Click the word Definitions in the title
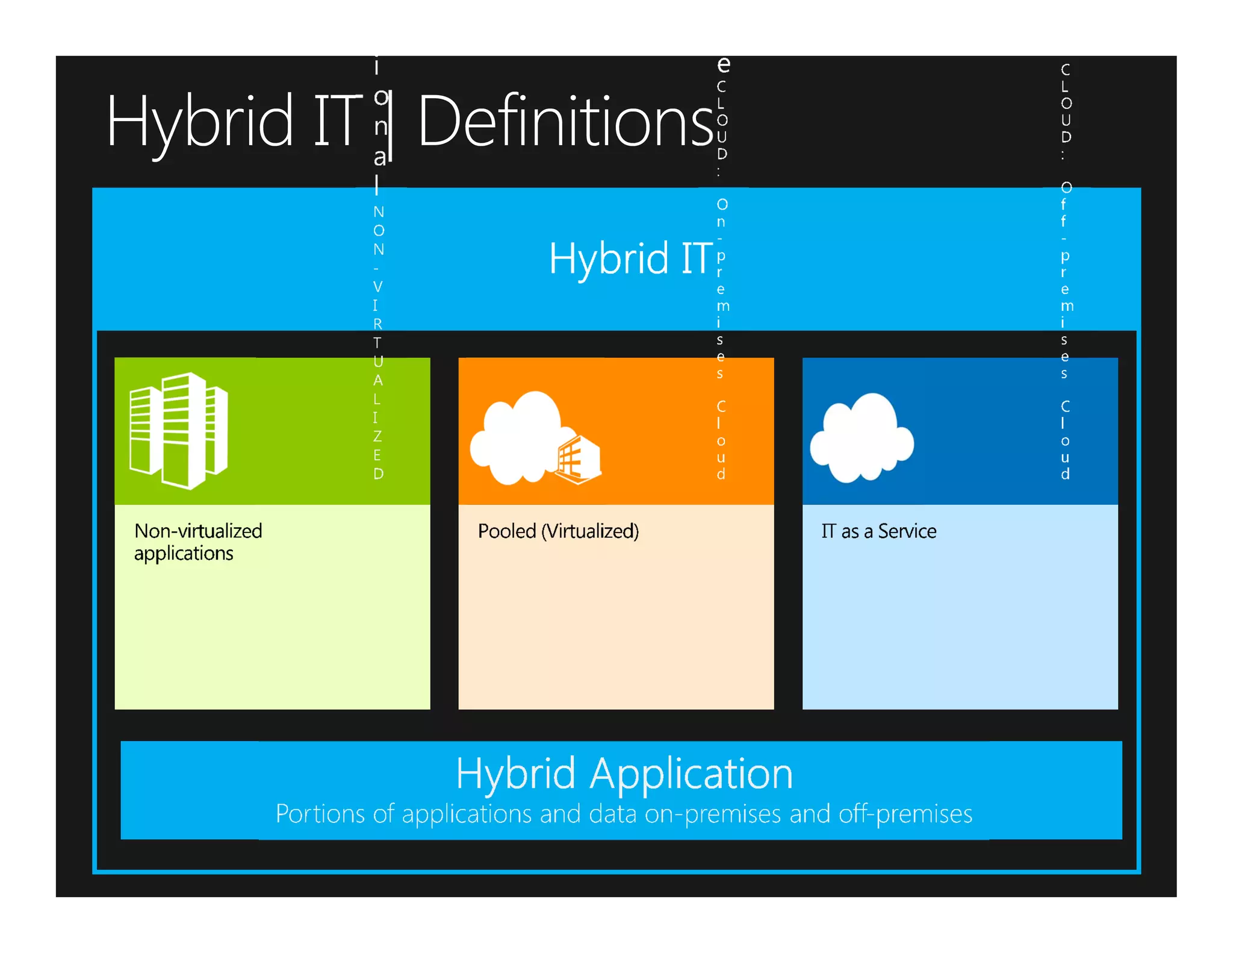tap(565, 122)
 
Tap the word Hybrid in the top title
tap(199, 122)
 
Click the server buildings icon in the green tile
tap(179, 430)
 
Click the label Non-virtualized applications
tap(197, 542)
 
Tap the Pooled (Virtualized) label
tap(558, 531)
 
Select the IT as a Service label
tap(878, 531)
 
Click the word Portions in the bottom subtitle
tap(320, 814)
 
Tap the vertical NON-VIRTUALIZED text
tap(377, 342)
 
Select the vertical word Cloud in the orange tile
tap(721, 440)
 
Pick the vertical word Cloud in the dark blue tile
tap(1065, 440)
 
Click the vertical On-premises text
tap(721, 289)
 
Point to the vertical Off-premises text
tap(1065, 281)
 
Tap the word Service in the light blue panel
tap(907, 531)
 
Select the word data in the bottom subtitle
tap(612, 814)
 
